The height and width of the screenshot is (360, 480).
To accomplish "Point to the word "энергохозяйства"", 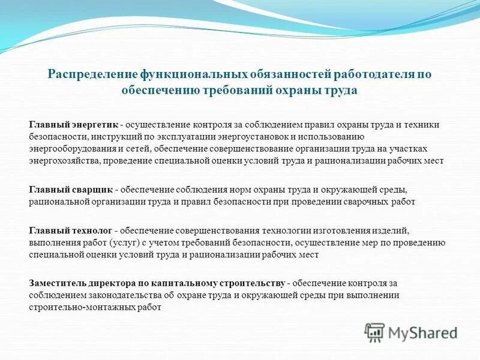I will tap(65, 161).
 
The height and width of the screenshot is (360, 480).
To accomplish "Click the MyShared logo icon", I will tap(374, 332).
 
